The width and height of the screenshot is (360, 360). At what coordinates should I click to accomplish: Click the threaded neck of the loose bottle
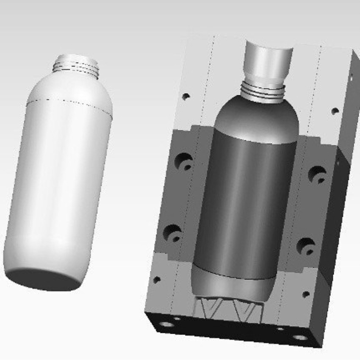(x=76, y=66)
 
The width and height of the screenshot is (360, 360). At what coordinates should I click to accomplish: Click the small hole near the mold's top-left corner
(x=185, y=96)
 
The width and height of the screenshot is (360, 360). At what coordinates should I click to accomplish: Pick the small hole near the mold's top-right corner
(x=335, y=111)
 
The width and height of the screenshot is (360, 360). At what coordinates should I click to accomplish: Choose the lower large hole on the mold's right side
(x=305, y=246)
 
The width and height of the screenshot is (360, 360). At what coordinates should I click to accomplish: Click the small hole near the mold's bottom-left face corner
(x=157, y=280)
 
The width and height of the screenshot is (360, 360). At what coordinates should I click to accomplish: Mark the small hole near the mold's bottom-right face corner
(x=306, y=294)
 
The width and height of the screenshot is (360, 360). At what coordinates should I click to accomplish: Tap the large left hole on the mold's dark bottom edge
(x=166, y=324)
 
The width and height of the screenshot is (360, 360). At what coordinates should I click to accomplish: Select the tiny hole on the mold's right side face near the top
(x=351, y=77)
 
